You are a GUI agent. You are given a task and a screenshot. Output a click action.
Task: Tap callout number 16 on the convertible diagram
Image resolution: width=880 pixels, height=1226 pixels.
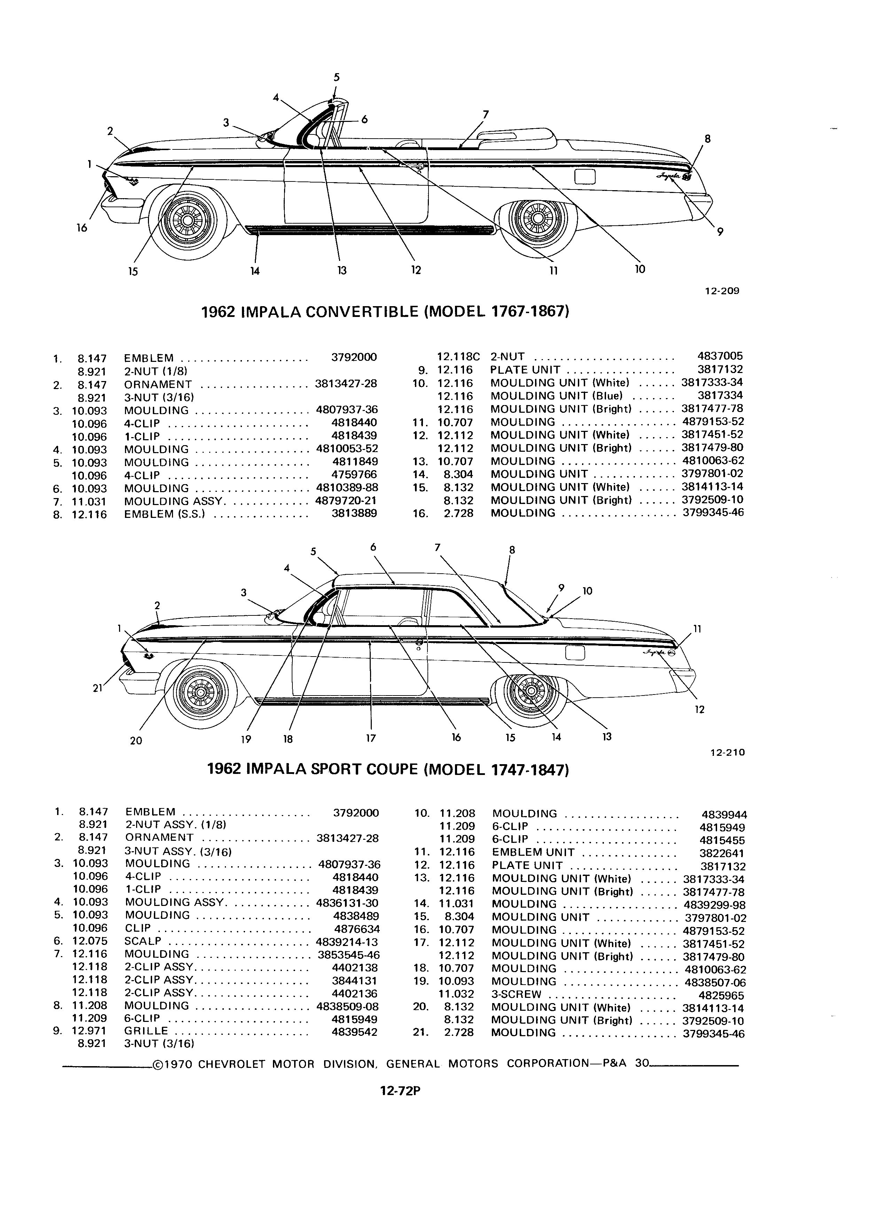81,228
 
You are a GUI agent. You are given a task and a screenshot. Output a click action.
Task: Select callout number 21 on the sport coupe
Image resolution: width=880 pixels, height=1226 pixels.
97,688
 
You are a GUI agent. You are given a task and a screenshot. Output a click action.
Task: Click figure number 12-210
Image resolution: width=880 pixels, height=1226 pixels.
728,752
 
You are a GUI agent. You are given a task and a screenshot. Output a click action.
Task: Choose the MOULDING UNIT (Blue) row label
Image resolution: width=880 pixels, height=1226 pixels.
556,396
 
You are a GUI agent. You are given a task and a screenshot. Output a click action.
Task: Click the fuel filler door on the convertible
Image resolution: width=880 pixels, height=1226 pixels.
585,176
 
